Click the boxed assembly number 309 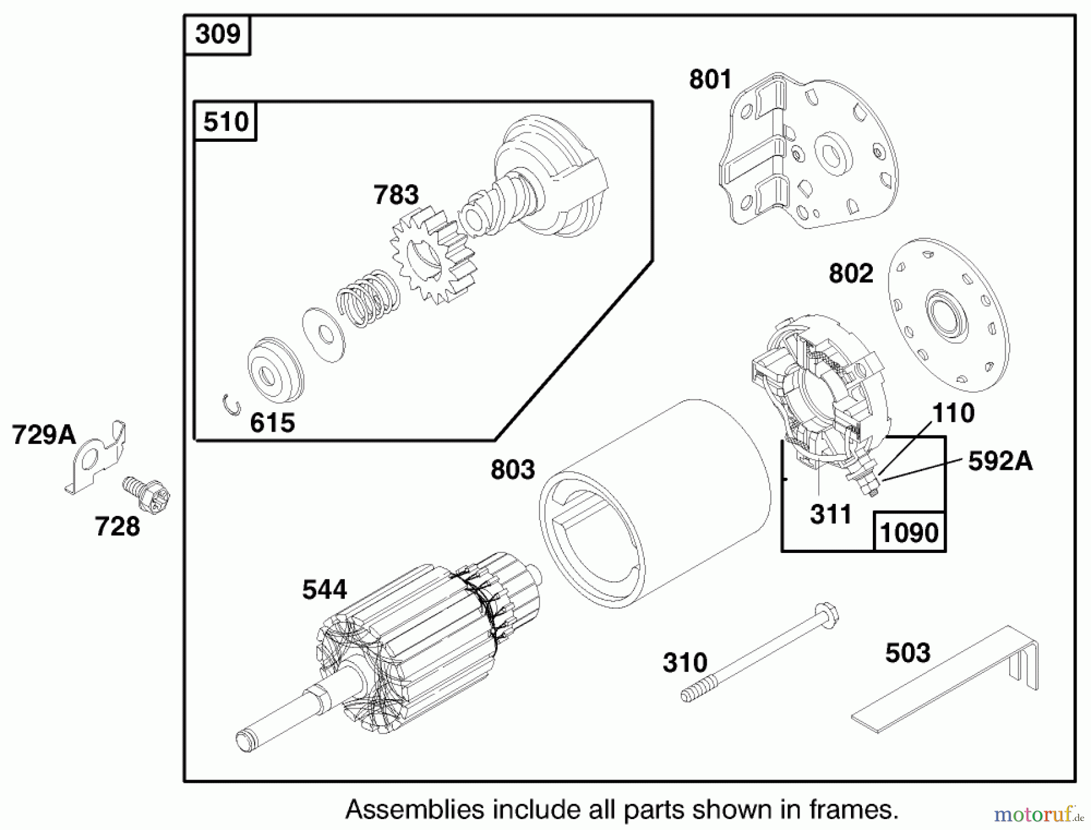point(218,35)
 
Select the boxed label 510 point(225,122)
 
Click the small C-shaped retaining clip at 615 point(230,405)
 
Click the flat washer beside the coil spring point(324,335)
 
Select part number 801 point(710,80)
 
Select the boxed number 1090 point(909,533)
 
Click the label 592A point(1000,461)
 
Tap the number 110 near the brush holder point(953,413)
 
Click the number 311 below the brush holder point(830,515)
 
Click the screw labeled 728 point(147,494)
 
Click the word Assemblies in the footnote point(415,809)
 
